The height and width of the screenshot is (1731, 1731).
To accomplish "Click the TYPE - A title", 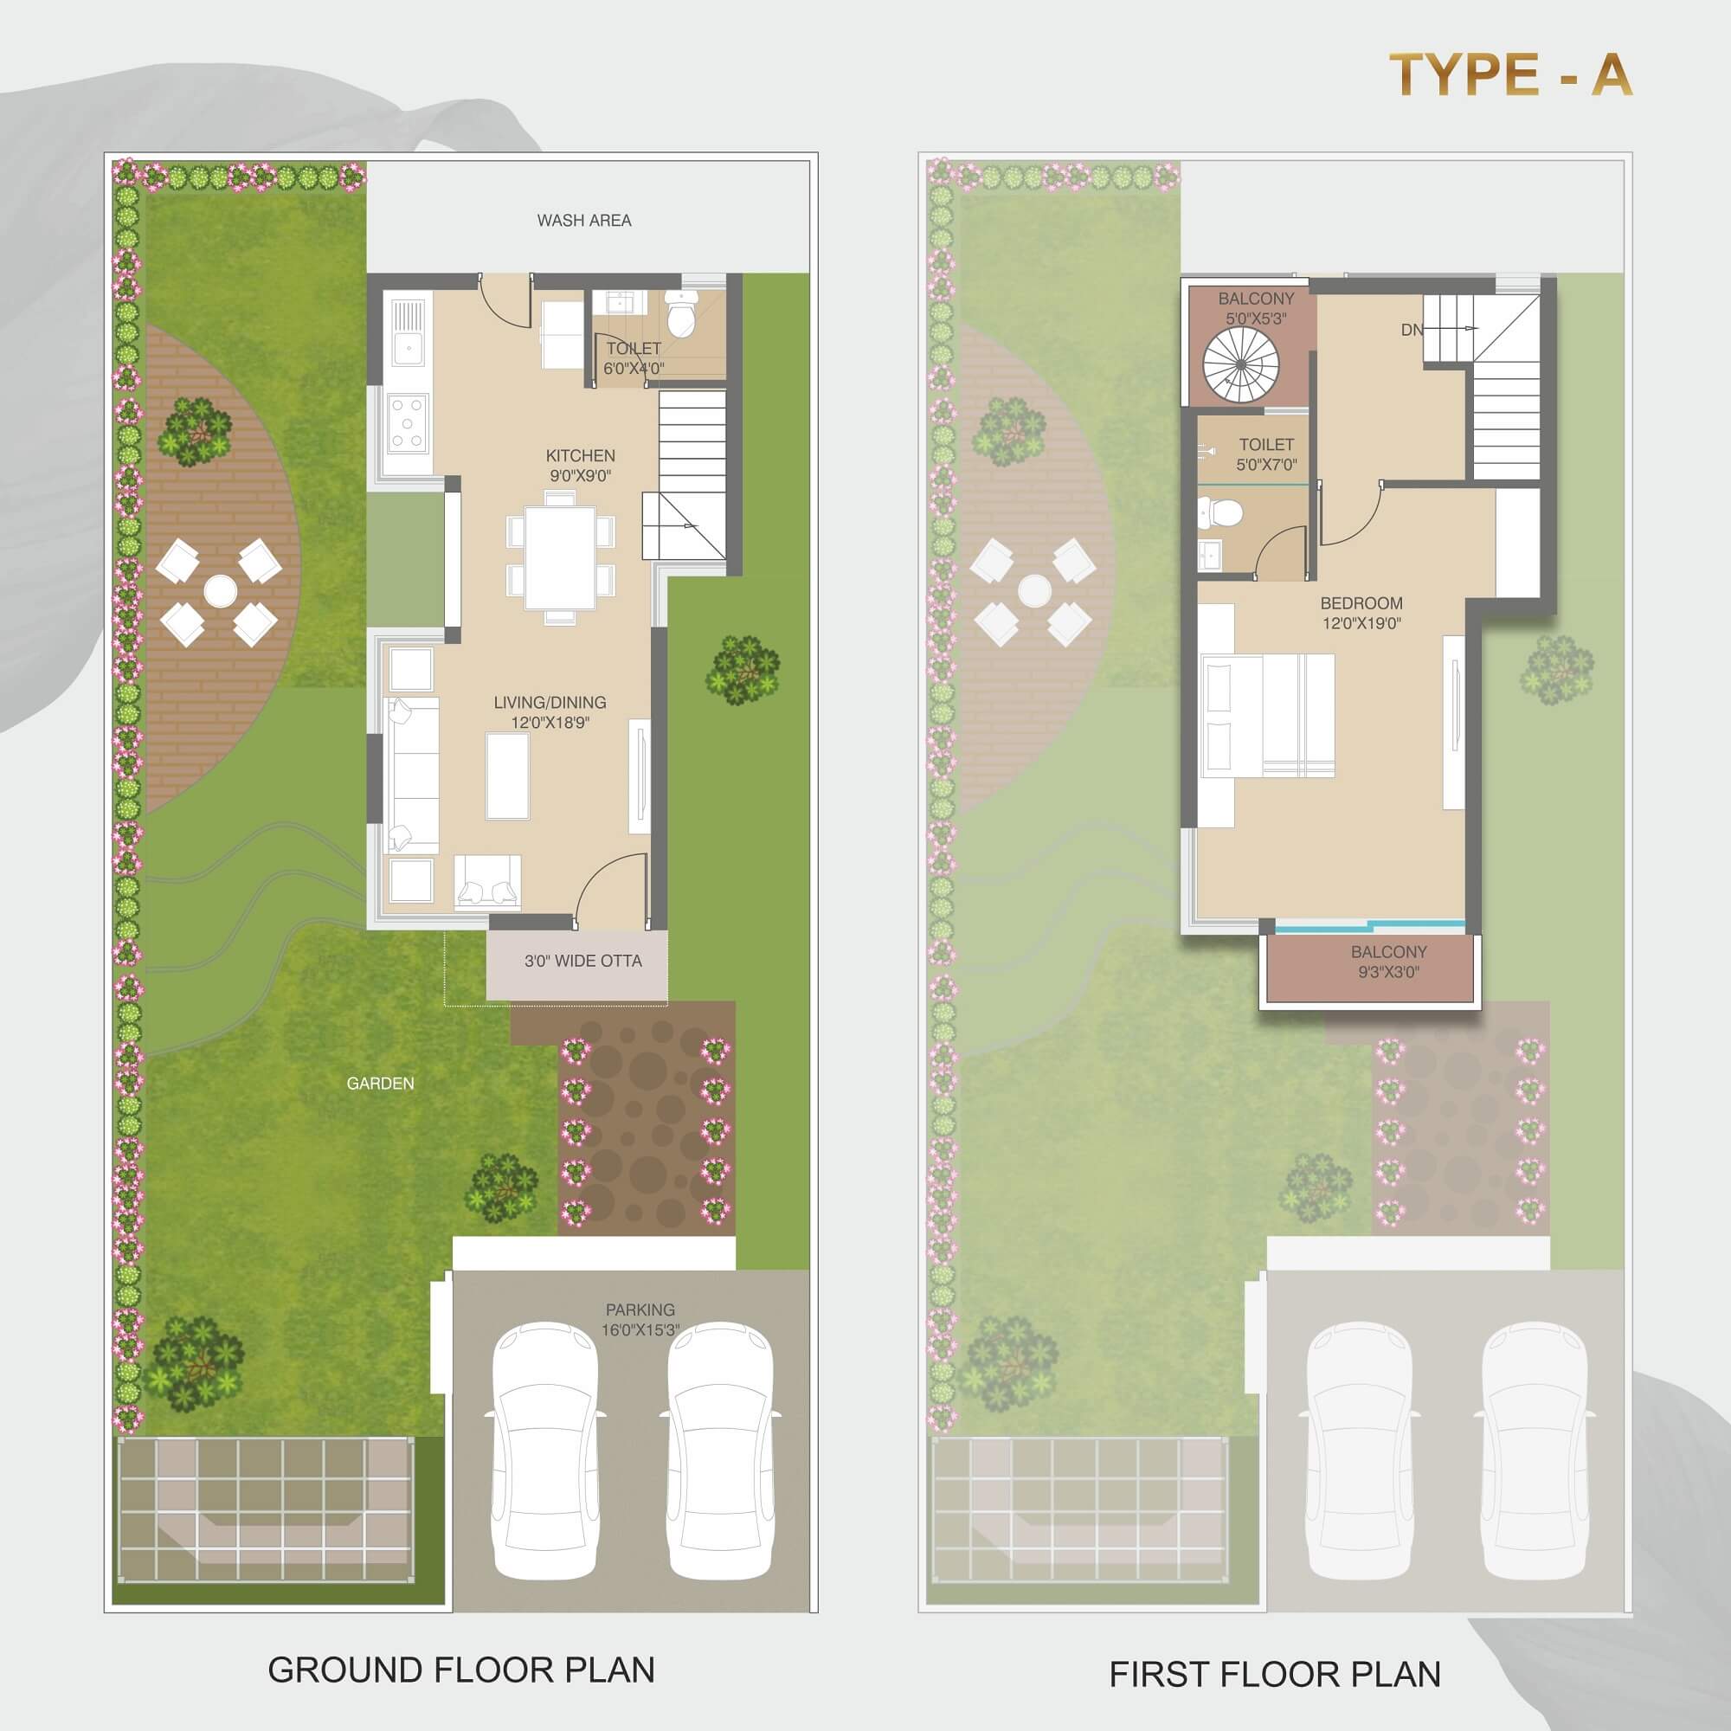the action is click(1509, 74).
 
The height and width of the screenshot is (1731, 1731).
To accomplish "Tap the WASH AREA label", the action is click(584, 221).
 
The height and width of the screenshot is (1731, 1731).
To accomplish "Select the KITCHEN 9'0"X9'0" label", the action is click(581, 466).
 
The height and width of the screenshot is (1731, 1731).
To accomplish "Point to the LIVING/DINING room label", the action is click(550, 712).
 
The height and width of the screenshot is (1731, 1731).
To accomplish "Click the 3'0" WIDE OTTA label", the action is click(583, 962).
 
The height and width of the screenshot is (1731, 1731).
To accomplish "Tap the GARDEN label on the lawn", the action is click(381, 1084).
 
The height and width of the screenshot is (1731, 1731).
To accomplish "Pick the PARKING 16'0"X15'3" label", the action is click(640, 1320).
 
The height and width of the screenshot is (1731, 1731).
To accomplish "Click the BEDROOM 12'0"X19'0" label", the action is click(1361, 613).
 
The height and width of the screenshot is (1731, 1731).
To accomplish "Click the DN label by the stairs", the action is click(1412, 331).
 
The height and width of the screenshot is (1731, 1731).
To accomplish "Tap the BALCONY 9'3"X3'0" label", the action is click(1389, 962).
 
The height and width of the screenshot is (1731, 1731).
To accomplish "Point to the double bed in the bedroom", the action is click(1267, 716).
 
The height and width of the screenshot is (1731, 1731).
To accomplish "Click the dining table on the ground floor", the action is click(561, 557).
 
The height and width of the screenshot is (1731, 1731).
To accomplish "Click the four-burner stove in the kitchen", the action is click(407, 421).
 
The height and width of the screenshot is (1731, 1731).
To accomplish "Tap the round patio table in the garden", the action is click(220, 590).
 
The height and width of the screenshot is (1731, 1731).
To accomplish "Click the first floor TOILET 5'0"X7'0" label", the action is click(1267, 454).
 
